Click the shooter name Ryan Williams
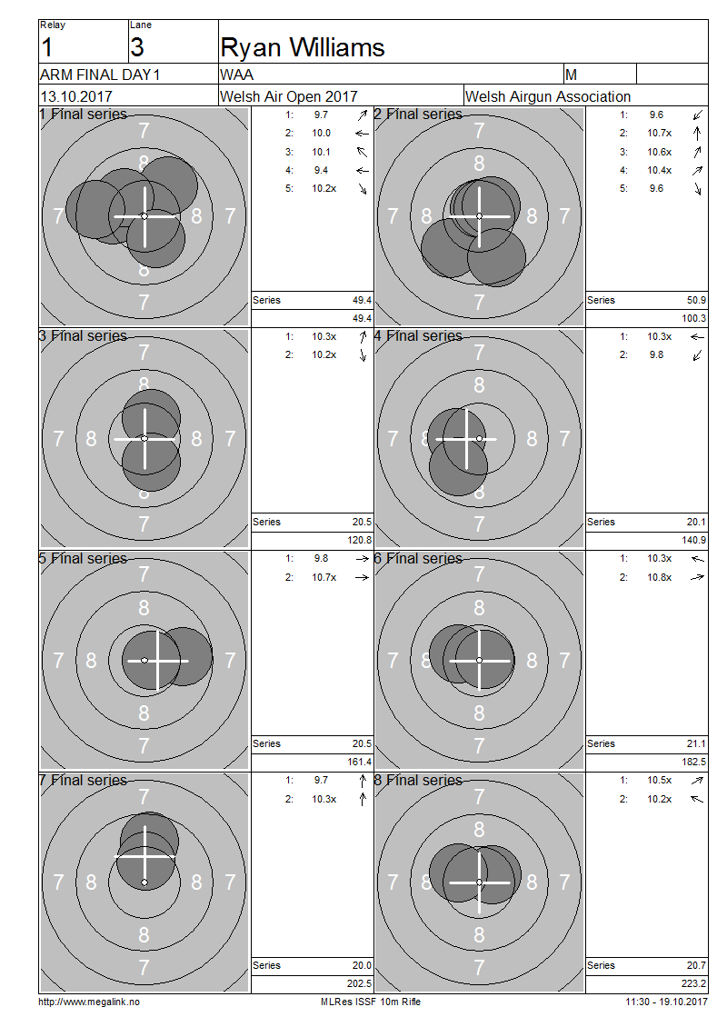click(x=302, y=48)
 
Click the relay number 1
click(x=46, y=48)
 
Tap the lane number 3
click(x=137, y=48)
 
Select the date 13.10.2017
click(x=76, y=97)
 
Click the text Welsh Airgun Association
click(x=548, y=97)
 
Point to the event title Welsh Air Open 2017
click(x=289, y=97)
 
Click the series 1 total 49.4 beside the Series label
click(x=363, y=300)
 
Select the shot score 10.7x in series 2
click(x=660, y=133)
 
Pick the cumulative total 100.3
click(x=693, y=318)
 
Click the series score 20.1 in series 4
click(x=696, y=522)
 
